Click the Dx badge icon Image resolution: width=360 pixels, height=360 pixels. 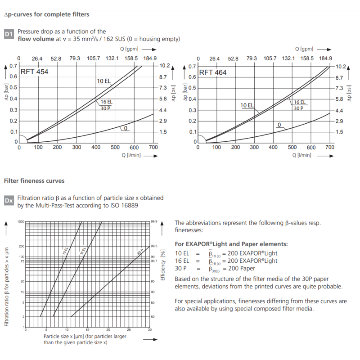point(9,201)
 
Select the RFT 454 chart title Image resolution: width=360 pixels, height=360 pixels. point(34,72)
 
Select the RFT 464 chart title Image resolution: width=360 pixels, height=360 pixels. point(213,72)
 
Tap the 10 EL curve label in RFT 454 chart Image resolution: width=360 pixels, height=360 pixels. point(103,81)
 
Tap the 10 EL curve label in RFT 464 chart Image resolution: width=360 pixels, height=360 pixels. point(247,105)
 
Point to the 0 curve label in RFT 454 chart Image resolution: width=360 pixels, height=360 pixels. point(126,128)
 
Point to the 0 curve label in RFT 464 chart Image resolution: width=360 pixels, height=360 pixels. point(279,125)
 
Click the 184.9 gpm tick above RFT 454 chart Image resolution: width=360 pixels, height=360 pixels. point(149,58)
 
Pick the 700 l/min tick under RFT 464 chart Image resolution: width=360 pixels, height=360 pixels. point(330,147)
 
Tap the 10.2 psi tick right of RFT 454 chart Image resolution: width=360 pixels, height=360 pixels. point(164,66)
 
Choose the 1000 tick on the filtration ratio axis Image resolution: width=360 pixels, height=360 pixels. point(21,222)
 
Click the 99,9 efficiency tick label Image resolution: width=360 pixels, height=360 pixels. point(154,222)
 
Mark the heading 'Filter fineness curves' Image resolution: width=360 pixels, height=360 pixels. point(34,181)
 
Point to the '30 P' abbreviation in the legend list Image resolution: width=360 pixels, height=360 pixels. point(181,269)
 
